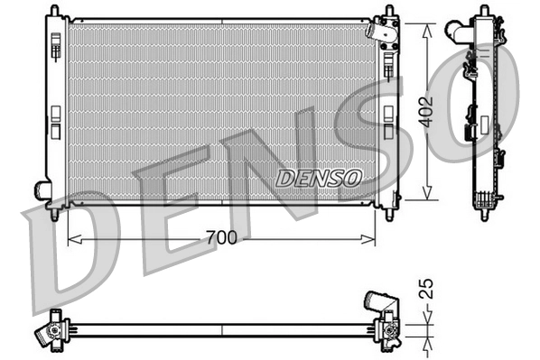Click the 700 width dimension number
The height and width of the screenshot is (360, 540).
click(x=220, y=238)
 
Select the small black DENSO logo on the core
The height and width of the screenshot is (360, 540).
click(x=318, y=179)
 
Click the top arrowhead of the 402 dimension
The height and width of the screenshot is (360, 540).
click(x=425, y=22)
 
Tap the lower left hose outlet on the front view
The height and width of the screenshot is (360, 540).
click(x=42, y=189)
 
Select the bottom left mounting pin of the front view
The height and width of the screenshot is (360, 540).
click(x=56, y=215)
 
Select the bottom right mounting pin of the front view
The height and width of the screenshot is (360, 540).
click(x=389, y=215)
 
